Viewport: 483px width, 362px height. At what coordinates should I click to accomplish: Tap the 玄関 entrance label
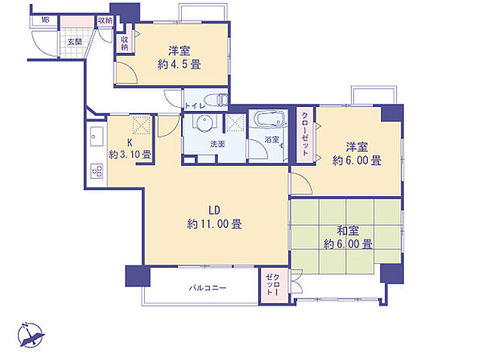click(74, 41)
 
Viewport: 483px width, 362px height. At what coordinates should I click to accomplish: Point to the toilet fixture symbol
click(217, 101)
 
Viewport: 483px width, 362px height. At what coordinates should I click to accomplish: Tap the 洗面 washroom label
click(217, 144)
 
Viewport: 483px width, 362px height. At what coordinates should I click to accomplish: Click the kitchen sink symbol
click(93, 134)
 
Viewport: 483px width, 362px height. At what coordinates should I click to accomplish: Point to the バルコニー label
click(208, 287)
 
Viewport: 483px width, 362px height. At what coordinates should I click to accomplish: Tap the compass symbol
click(32, 333)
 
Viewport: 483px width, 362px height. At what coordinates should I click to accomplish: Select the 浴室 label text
click(272, 140)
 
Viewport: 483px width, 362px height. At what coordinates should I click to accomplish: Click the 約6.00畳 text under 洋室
click(357, 160)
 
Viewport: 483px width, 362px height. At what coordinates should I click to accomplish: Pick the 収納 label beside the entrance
click(105, 20)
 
